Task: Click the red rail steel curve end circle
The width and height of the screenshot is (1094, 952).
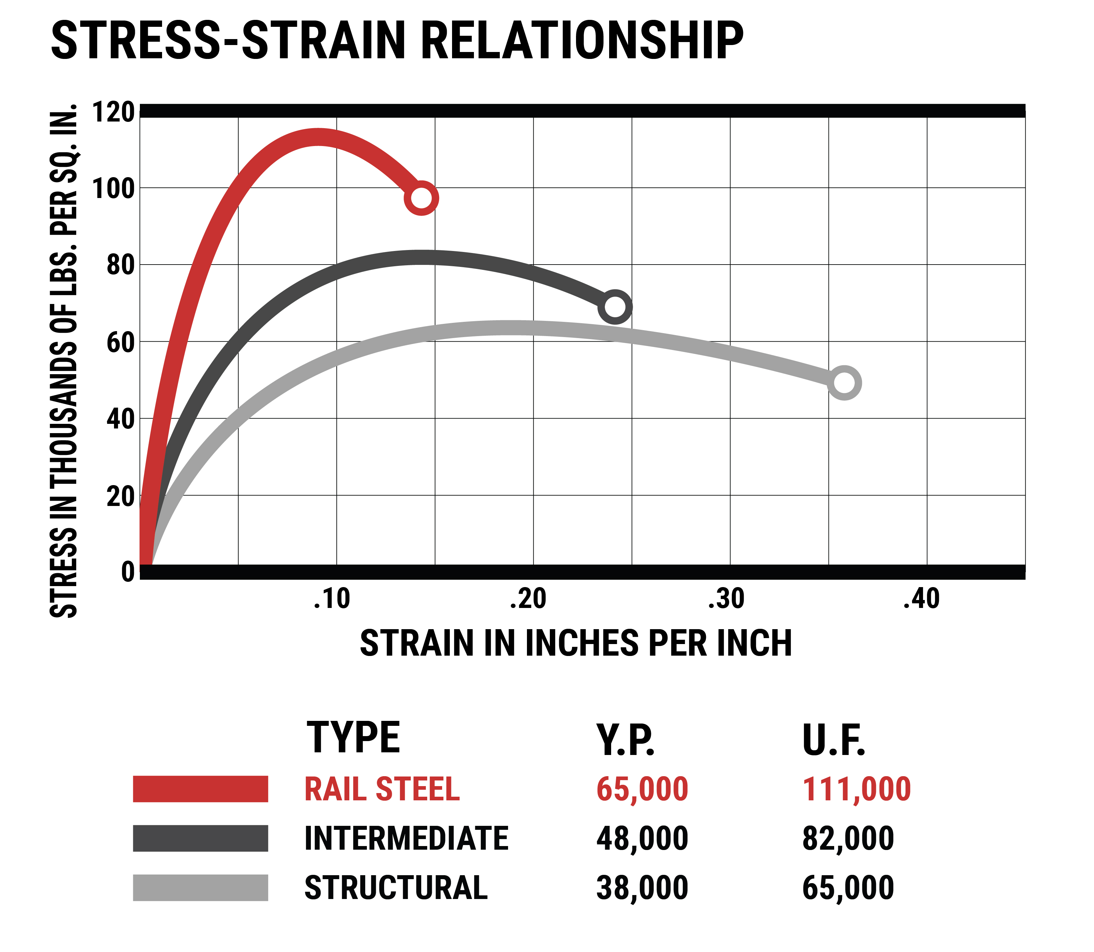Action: click(x=421, y=198)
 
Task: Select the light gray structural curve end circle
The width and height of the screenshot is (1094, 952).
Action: click(x=844, y=382)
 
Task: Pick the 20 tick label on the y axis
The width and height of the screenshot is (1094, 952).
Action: click(x=120, y=496)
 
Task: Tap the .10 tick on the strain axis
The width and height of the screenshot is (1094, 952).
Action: click(x=332, y=599)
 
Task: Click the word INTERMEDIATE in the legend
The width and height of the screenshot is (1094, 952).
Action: click(x=406, y=838)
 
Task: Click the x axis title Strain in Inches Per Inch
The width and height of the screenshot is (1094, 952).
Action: click(x=576, y=643)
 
